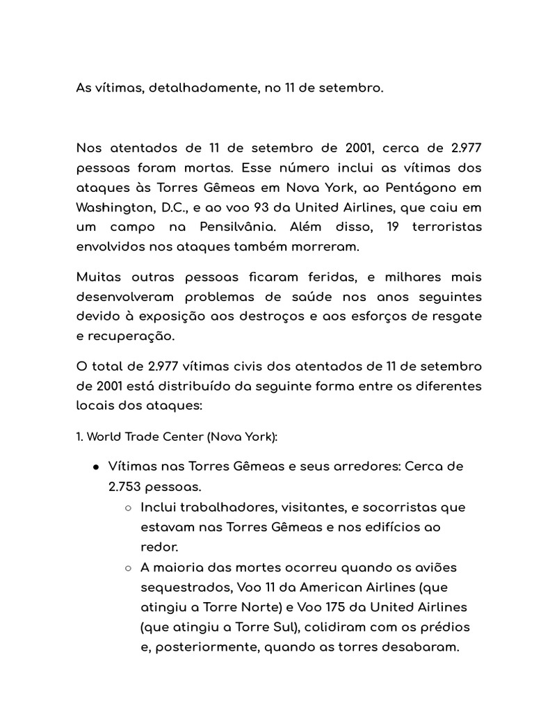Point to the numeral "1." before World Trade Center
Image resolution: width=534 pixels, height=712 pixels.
pos(80,437)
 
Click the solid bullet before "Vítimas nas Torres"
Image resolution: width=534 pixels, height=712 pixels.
pos(95,467)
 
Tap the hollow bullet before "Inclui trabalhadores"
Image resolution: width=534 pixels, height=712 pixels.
pos(128,508)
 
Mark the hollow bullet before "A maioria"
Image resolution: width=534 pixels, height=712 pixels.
pos(128,568)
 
